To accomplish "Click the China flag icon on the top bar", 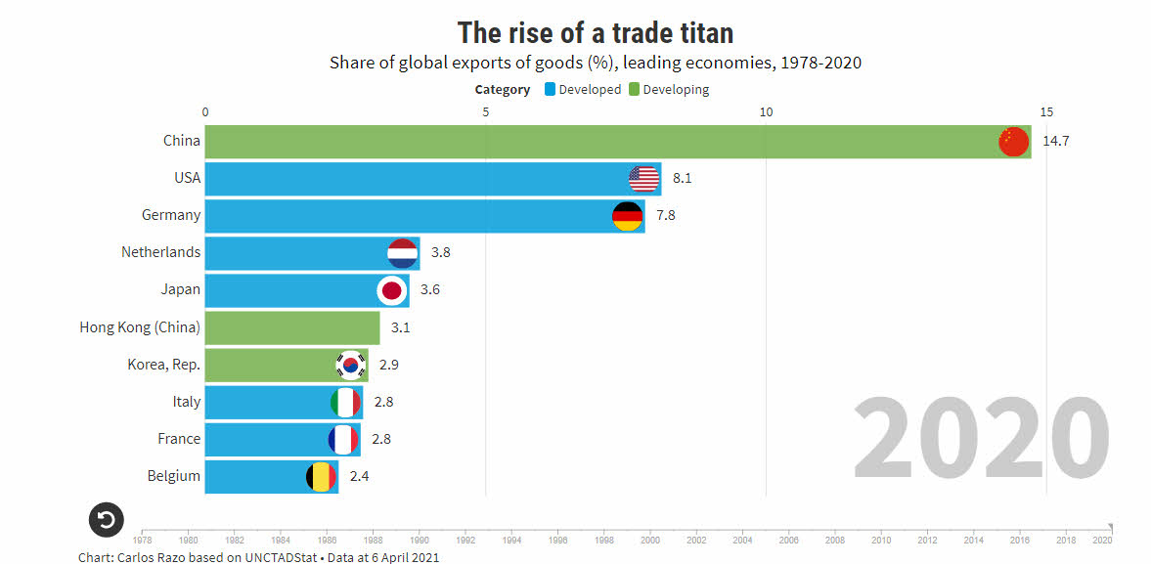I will [1014, 142].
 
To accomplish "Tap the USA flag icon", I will [644, 179].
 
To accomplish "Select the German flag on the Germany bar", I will [627, 216].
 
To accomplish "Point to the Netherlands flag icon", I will [403, 253].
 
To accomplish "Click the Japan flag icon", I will [392, 290].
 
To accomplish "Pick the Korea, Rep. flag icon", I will [350, 365].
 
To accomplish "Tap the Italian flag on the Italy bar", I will [346, 402].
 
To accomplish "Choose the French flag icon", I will [344, 439].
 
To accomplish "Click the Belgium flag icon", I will [322, 476].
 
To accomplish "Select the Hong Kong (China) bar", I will [292, 327].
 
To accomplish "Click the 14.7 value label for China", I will [1056, 142].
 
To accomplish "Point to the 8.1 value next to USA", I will [683, 179].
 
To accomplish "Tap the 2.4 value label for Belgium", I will [359, 476].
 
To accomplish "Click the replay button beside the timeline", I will [107, 519].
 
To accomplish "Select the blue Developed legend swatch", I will [551, 90].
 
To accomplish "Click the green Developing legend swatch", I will [634, 90].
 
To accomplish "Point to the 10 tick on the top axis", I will [767, 111].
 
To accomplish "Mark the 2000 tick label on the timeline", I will [650, 539].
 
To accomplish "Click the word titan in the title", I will [697, 32].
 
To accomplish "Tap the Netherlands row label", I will [160, 252].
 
